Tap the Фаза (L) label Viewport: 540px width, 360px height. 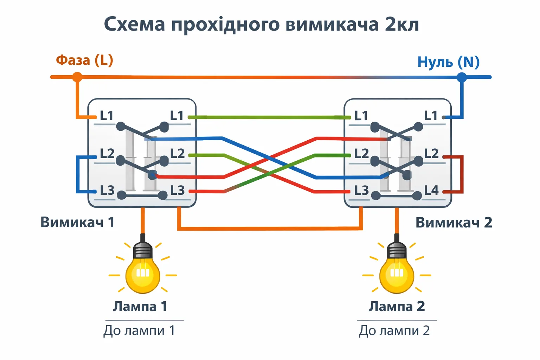[85, 60]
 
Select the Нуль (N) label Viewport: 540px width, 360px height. [448, 62]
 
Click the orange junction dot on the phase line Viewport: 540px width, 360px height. [77, 77]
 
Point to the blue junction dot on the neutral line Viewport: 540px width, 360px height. [462, 77]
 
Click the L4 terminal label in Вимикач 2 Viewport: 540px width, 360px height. [431, 190]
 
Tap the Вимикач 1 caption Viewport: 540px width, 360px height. [77, 222]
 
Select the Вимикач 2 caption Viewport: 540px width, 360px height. [454, 223]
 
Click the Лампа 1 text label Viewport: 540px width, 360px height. [140, 307]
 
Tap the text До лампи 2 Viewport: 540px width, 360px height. [394, 330]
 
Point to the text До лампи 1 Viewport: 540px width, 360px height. [139, 330]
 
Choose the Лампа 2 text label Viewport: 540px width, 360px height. [397, 307]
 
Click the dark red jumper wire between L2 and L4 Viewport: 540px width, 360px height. [462, 174]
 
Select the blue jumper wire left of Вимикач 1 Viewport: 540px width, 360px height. [77, 174]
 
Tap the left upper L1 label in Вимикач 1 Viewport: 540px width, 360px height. [107, 116]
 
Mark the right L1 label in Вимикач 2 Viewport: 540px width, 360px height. [431, 116]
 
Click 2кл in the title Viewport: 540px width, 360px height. [401, 25]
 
